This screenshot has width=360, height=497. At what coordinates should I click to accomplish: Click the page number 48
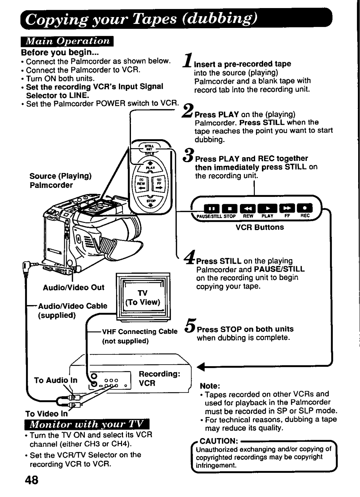click(x=32, y=480)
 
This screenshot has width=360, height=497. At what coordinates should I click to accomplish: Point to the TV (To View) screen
click(x=143, y=297)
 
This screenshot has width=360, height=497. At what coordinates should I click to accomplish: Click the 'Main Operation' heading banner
click(x=67, y=41)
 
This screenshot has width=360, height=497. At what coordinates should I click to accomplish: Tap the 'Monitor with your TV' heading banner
click(x=87, y=424)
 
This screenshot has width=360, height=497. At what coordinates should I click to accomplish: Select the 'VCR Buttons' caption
click(x=259, y=227)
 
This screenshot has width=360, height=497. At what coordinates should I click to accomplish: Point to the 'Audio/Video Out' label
click(x=74, y=287)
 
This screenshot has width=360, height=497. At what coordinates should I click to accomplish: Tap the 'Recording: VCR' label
click(x=159, y=378)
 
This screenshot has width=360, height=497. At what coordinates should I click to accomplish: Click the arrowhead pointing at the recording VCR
click(x=202, y=367)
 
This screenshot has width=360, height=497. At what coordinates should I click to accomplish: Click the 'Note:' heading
click(x=210, y=386)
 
